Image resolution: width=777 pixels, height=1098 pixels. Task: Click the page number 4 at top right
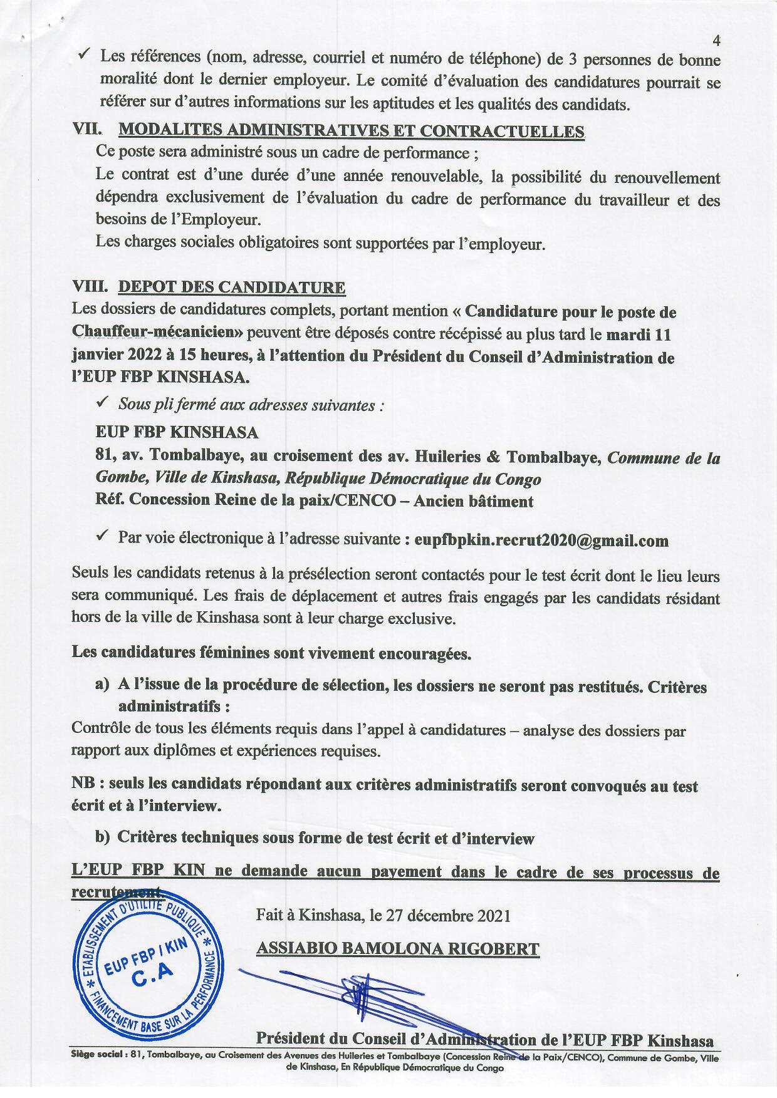pyautogui.click(x=716, y=41)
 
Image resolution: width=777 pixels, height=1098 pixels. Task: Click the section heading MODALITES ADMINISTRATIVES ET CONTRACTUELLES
pyautogui.click(x=352, y=130)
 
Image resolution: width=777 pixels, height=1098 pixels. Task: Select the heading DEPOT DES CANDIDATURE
pyautogui.click(x=232, y=287)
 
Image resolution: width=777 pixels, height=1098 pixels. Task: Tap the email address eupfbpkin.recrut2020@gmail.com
pyautogui.click(x=541, y=540)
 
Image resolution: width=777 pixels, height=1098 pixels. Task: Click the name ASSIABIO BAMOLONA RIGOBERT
pyautogui.click(x=397, y=948)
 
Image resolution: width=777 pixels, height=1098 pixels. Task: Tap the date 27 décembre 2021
pyautogui.click(x=450, y=916)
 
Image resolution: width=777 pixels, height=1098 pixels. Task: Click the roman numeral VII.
pyautogui.click(x=87, y=129)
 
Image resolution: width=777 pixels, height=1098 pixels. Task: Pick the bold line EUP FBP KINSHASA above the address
pyautogui.click(x=177, y=432)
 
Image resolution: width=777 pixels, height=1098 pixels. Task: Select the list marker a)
pyautogui.click(x=102, y=685)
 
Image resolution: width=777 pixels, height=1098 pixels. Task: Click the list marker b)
pyautogui.click(x=102, y=837)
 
